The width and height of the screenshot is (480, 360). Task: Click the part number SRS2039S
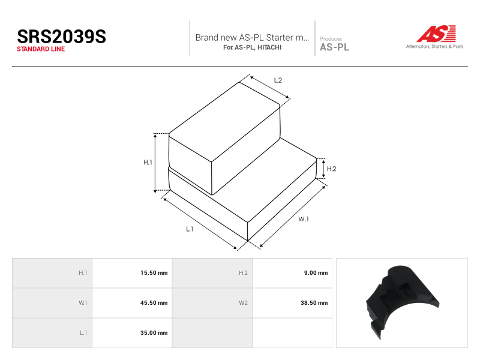pos(62,37)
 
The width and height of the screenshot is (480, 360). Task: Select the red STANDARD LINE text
pos(41,49)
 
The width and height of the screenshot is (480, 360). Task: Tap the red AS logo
pos(436,34)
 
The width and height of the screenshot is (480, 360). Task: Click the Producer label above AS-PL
pos(331,39)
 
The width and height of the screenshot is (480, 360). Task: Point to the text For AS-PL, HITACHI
pos(252,47)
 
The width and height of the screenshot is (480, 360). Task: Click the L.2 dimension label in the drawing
pos(278,80)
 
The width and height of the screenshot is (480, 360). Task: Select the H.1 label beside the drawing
pos(148,162)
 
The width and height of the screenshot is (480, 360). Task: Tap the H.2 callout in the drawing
pos(332,169)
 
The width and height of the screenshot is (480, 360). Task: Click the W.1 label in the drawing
pos(304,219)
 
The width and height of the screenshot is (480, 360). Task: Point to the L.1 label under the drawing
pos(190,229)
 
